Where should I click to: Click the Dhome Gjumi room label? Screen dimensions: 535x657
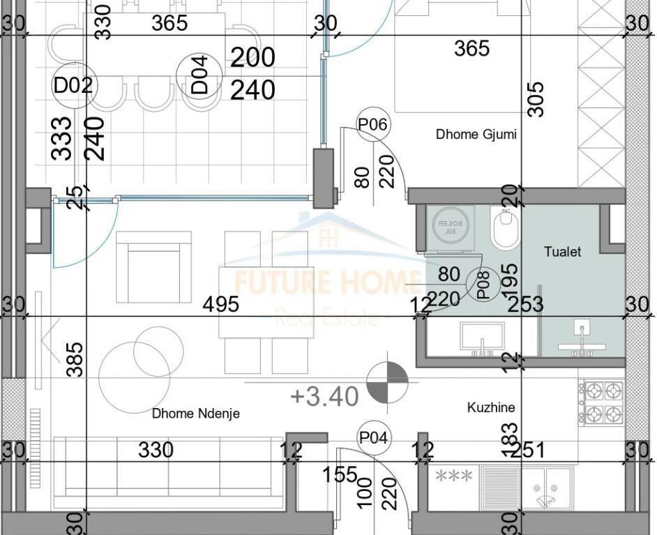point(476,135)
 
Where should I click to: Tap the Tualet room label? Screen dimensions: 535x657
point(562,252)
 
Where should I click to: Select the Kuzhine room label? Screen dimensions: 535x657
point(491,407)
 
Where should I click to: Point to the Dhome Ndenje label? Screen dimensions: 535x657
point(196,414)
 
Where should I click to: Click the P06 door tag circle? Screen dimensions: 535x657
point(372,125)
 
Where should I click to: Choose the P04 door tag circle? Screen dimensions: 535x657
point(374,438)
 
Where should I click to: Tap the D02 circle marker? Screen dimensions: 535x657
point(73,86)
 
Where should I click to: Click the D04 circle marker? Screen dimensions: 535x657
point(199,76)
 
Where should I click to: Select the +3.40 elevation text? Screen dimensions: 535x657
point(324,396)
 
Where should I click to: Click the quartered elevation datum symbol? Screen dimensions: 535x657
point(387,383)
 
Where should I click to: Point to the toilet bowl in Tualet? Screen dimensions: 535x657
point(505,227)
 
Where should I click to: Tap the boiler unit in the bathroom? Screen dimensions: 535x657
point(450,227)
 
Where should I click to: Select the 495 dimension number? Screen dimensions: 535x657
point(220,305)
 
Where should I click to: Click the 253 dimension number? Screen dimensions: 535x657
point(525,305)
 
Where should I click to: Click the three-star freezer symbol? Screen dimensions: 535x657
point(454,477)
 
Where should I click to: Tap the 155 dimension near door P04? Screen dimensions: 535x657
point(340,476)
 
